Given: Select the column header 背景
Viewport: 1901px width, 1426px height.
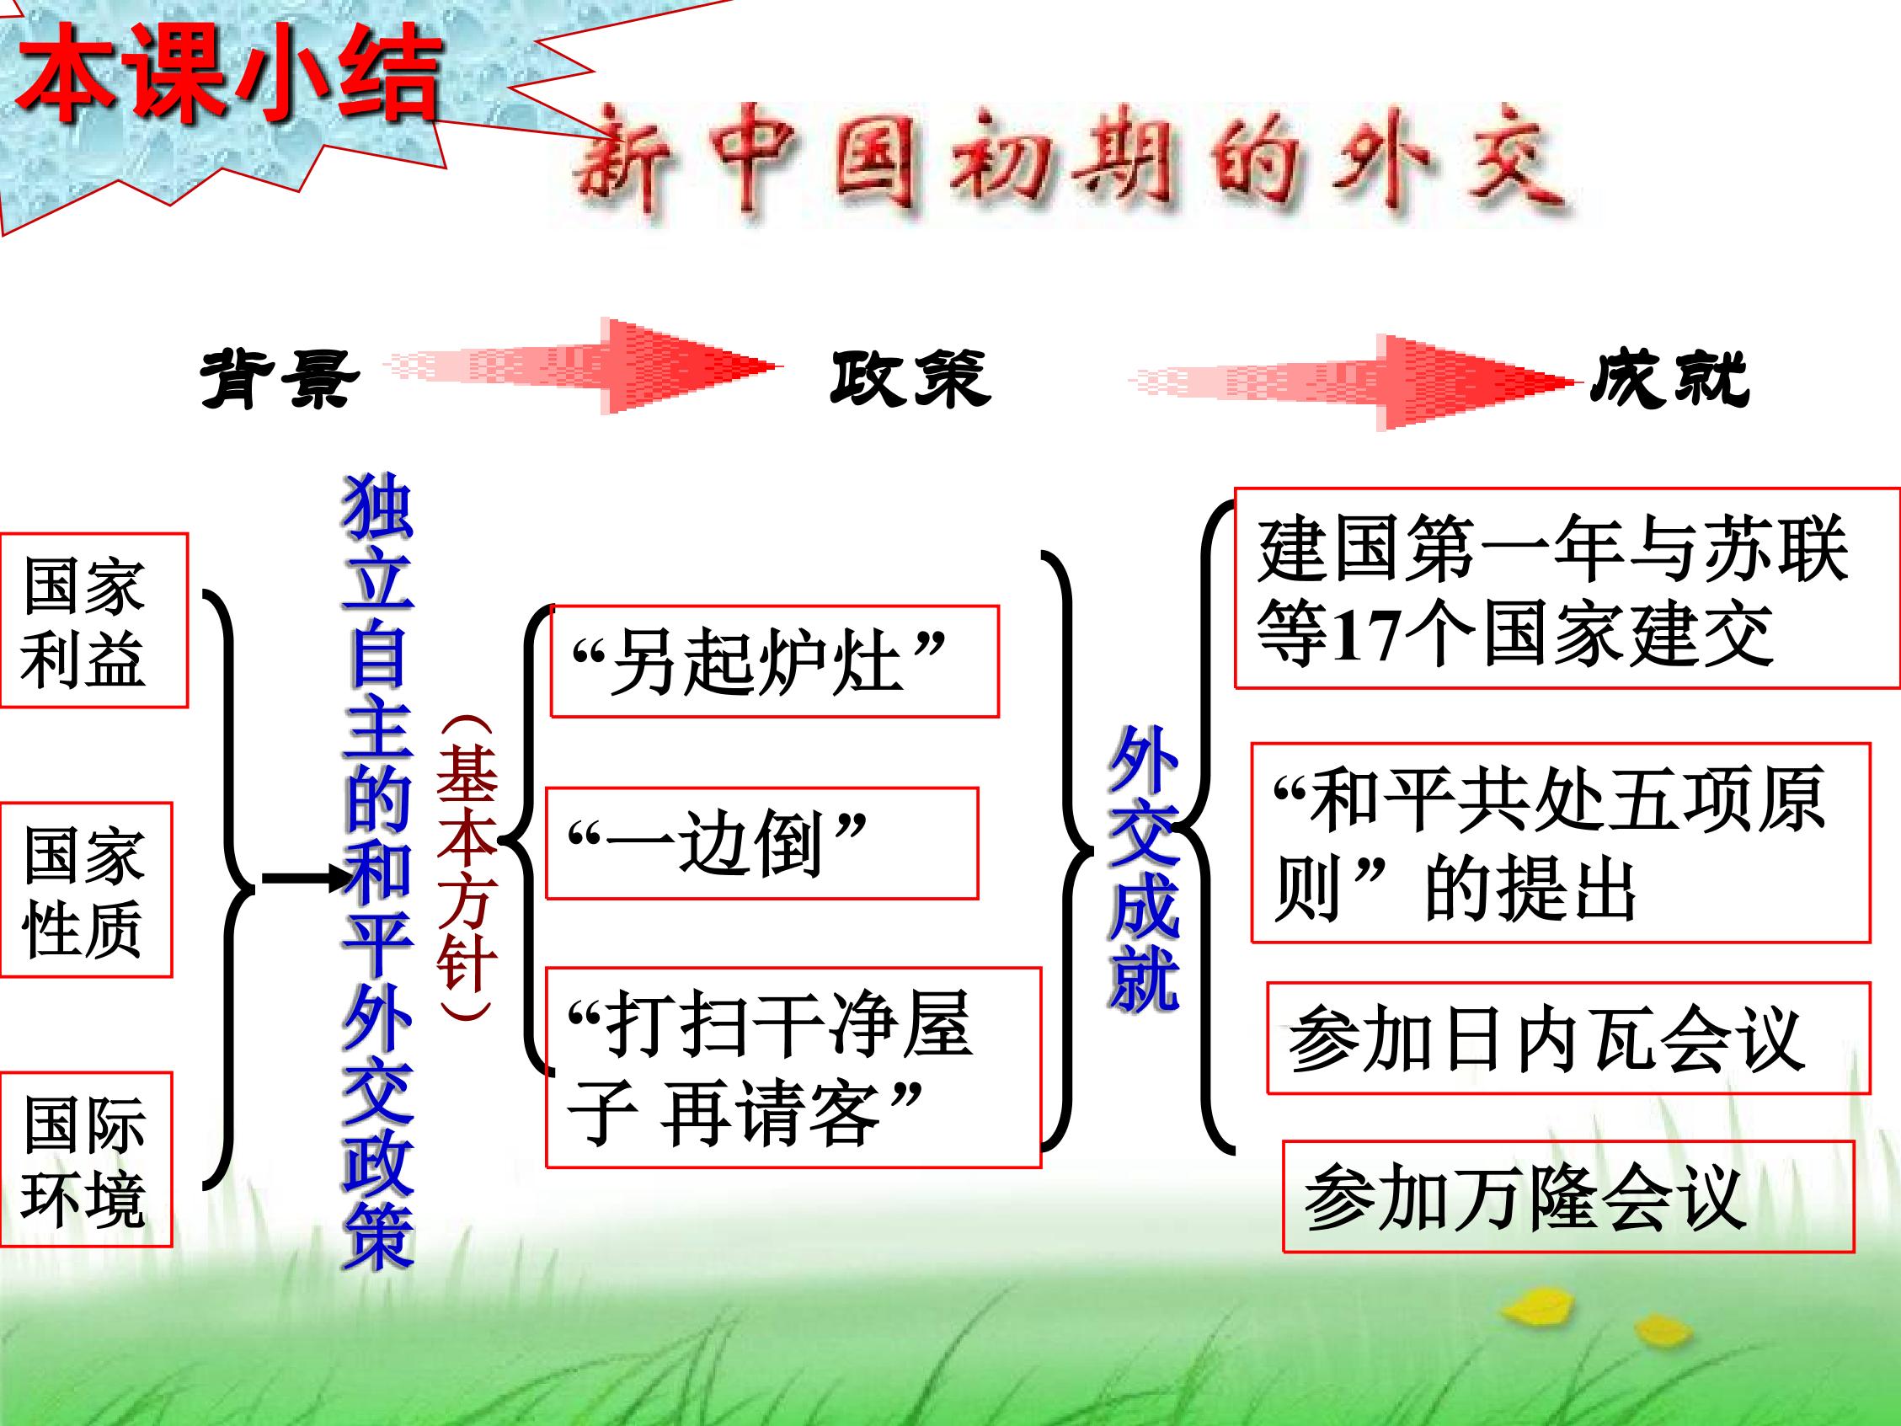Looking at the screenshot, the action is pos(279,379).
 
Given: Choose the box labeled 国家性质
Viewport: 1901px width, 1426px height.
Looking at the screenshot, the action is pos(86,889).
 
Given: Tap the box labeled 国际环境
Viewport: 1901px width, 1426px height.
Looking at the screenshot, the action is pos(86,1160).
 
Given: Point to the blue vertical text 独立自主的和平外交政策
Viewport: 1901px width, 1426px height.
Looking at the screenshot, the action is pos(378,872).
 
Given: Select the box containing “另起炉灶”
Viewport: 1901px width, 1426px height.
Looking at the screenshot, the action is pos(774,661).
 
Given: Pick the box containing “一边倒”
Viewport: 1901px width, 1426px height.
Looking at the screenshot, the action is pos(761,843).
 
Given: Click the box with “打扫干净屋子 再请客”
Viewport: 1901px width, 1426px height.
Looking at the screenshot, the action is pos(793,1067).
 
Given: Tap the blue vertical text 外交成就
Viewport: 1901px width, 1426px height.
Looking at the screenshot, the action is pos(1144,868).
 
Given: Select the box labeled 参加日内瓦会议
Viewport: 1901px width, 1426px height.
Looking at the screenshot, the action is pos(1568,1038).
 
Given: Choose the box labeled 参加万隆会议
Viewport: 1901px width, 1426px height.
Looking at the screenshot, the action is pos(1568,1198).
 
